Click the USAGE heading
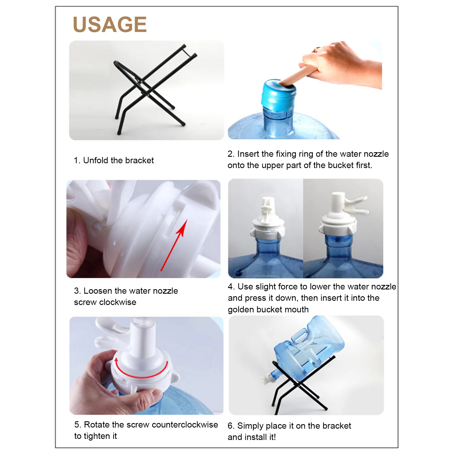110,24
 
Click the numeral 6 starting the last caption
230,426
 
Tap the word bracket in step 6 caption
337,426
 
